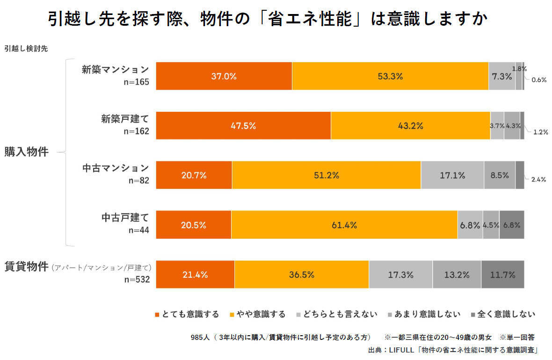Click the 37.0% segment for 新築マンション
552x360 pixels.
tap(224, 76)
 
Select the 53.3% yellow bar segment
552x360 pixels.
tap(390, 76)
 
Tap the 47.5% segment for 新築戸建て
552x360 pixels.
tap(243, 126)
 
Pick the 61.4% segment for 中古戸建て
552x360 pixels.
tap(344, 225)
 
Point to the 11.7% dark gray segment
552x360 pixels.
tap(502, 274)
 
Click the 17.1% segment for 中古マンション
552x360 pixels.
tap(452, 175)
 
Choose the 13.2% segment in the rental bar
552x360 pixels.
tap(457, 274)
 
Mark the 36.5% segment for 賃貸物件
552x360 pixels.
tap(301, 274)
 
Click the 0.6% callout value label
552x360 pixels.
tap(539, 79)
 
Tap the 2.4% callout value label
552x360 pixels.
tap(539, 179)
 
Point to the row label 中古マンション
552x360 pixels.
tap(116, 167)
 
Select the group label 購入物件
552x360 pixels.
tap(27, 152)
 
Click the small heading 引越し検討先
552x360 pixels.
tap(26, 48)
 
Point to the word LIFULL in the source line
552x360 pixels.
tap(397, 350)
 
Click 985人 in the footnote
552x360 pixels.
tap(200, 337)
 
